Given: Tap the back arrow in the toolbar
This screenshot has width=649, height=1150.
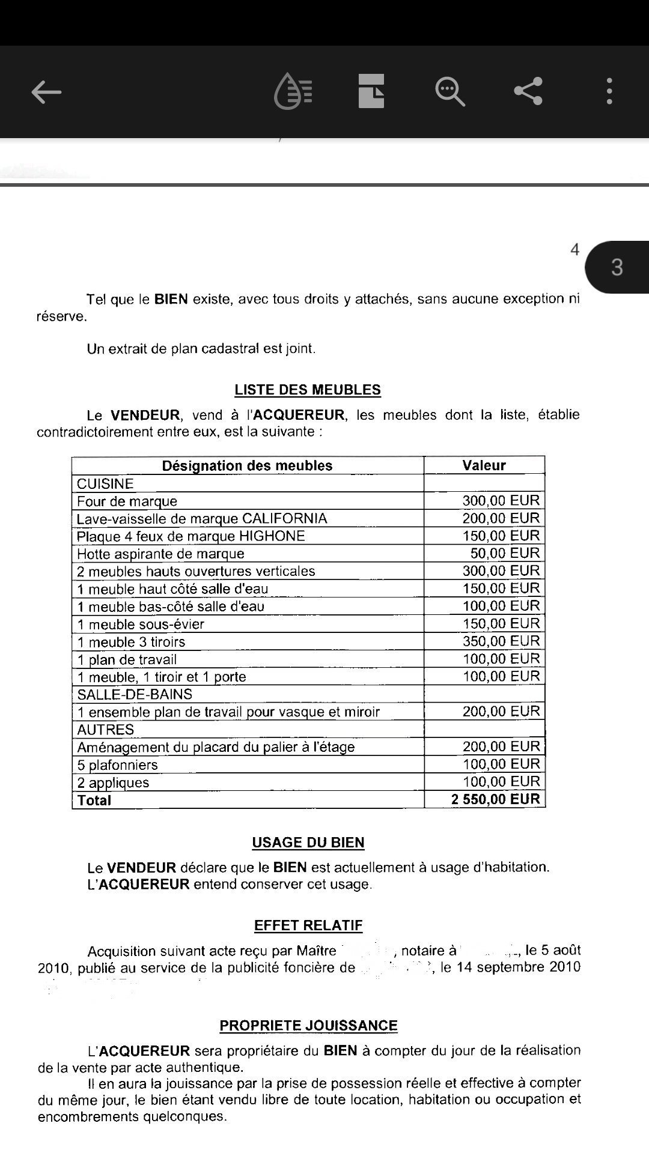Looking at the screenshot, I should click(x=46, y=92).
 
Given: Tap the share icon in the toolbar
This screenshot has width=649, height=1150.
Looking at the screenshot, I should click(x=528, y=91).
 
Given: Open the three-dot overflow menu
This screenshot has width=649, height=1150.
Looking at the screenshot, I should click(x=609, y=91).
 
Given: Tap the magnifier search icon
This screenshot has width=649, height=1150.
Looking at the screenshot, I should click(x=449, y=91).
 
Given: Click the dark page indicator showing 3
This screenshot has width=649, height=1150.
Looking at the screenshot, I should click(x=617, y=267).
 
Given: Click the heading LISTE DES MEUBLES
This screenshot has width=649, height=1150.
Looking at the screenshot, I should click(x=308, y=390).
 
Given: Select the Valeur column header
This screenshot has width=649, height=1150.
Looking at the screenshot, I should click(x=484, y=465).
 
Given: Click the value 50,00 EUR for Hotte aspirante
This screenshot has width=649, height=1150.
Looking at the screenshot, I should click(x=505, y=553).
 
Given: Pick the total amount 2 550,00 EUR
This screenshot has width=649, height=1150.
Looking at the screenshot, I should click(x=496, y=799).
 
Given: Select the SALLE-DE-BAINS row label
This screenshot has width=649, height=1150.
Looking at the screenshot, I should click(x=135, y=694).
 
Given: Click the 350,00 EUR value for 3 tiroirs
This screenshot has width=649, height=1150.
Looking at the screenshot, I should click(x=501, y=641).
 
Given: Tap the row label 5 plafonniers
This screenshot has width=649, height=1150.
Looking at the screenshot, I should click(x=117, y=764).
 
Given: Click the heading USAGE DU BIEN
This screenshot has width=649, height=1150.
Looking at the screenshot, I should click(x=308, y=843).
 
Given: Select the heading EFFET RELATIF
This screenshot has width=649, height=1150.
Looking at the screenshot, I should click(x=308, y=925).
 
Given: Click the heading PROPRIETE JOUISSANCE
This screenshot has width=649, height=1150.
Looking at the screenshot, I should click(x=308, y=1026).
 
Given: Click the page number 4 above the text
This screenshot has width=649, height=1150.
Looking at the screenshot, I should click(x=574, y=249).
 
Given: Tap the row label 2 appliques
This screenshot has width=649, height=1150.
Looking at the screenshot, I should click(x=113, y=782).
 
